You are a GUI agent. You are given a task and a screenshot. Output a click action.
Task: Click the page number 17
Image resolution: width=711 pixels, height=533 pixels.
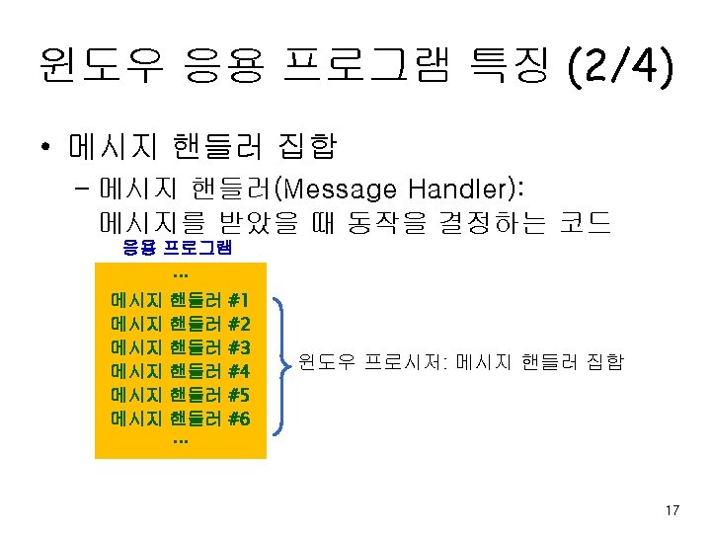(672, 510)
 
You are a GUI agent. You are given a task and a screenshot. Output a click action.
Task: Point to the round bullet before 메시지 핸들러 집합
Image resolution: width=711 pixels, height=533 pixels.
(46, 148)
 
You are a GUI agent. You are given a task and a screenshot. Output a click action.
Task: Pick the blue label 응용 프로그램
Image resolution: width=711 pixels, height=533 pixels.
(177, 248)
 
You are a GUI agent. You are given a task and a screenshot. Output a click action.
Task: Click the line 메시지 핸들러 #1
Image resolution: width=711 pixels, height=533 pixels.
(181, 298)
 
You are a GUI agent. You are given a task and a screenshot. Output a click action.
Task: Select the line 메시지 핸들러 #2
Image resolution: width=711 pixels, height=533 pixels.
(181, 323)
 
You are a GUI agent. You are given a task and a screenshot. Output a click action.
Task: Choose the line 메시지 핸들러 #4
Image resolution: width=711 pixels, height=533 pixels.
(181, 371)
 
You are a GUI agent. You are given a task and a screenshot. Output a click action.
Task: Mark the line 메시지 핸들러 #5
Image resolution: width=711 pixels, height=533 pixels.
(181, 395)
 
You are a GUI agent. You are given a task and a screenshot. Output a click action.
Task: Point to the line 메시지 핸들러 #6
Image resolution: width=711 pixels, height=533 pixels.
(181, 419)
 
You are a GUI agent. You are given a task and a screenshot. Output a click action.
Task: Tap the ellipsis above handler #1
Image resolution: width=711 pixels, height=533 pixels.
(180, 273)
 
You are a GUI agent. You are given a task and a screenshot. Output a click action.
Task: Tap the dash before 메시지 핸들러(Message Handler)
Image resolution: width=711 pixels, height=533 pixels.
(81, 188)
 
